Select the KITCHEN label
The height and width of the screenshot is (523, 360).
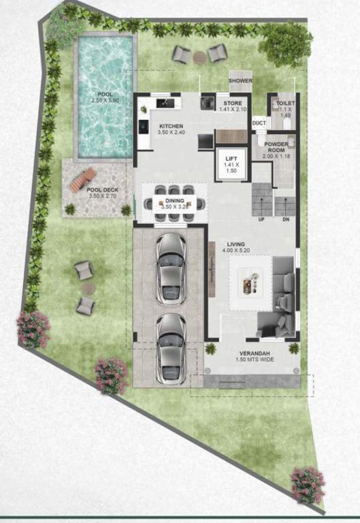[x=171, y=127]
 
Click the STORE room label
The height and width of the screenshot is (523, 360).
[x=233, y=104]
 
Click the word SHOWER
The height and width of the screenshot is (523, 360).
[x=240, y=81]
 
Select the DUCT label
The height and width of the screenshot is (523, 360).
[x=259, y=123]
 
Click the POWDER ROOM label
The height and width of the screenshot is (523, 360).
[x=278, y=146]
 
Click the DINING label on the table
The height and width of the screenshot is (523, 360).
[x=174, y=201]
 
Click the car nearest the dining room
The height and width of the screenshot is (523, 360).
[x=170, y=268]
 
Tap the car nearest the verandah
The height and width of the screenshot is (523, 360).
[x=170, y=348]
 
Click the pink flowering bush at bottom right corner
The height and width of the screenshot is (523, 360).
[x=308, y=484]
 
